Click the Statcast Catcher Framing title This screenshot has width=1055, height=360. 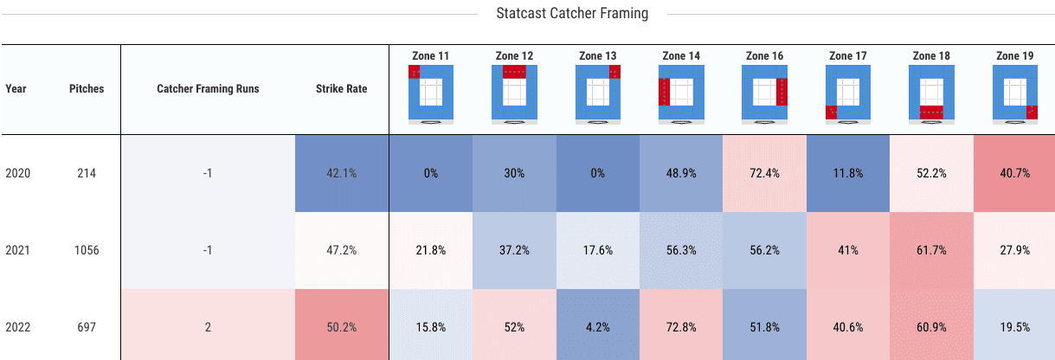coord(572,14)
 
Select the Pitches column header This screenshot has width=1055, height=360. coord(87,88)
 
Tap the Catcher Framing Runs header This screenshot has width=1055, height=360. coord(208,88)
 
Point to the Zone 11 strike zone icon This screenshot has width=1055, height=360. coord(430,93)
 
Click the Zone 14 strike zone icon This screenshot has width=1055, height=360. coord(681,93)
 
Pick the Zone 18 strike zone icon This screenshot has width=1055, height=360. coord(931,93)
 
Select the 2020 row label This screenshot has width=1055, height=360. coord(18,173)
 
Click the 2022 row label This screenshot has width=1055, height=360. coord(18,328)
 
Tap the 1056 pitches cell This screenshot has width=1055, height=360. coord(87,251)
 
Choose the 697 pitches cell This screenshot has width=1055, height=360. coord(87,328)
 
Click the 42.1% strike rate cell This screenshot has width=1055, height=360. coord(341,173)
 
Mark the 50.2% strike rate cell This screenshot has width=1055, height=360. coord(341,328)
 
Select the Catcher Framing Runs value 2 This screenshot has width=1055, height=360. coord(208,328)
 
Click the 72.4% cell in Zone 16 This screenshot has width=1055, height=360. coord(764,173)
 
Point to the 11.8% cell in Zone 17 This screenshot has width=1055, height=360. coord(847,173)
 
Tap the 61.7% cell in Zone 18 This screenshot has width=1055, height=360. coord(931,251)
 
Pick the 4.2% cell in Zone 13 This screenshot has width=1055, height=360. coord(597,328)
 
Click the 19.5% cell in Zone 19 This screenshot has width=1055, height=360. coord(1014,328)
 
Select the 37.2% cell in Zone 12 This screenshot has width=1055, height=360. coord(514,251)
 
